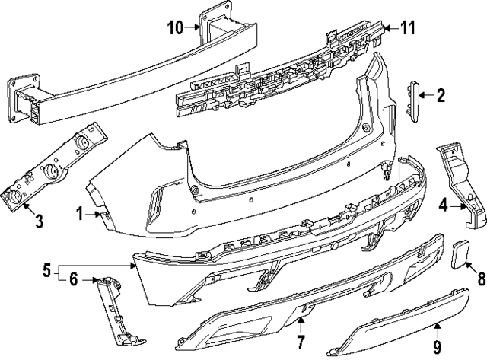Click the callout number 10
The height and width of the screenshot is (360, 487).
point(174,28)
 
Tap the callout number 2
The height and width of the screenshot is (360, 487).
point(440,95)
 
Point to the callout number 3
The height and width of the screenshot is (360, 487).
point(18,222)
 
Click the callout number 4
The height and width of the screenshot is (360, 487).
point(443,204)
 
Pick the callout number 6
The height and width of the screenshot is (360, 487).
point(73,280)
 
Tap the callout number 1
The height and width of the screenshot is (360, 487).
point(81,215)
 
